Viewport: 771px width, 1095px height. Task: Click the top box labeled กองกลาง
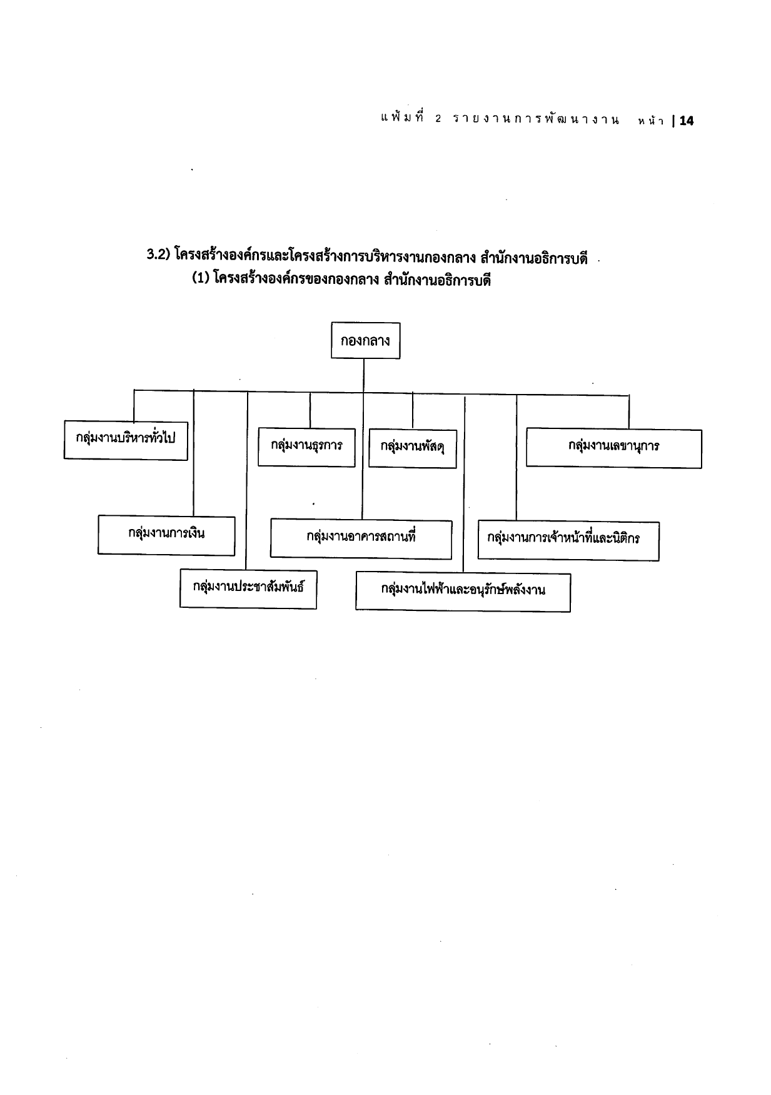tap(365, 340)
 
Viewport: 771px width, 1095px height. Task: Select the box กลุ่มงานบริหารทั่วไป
tap(126, 440)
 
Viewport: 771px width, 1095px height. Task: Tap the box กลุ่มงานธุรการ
tap(306, 447)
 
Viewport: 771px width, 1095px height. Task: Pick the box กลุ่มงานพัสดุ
tap(413, 448)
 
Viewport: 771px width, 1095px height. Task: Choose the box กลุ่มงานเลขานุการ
tap(614, 448)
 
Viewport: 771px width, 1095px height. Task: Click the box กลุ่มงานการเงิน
tap(166, 535)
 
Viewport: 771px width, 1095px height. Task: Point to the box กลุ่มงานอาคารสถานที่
tap(361, 538)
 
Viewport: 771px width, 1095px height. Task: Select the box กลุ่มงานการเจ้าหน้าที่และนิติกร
tap(568, 540)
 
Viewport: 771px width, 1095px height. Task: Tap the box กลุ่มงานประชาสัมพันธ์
tap(248, 588)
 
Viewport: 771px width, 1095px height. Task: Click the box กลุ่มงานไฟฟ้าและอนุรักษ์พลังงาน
tap(463, 592)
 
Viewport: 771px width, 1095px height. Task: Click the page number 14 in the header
tap(686, 121)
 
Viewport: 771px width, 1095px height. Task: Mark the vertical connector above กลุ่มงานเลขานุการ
tap(629, 412)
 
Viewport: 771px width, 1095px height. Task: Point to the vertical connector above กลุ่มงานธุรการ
tap(310, 410)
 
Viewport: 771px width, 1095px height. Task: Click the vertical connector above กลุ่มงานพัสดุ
tap(413, 410)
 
